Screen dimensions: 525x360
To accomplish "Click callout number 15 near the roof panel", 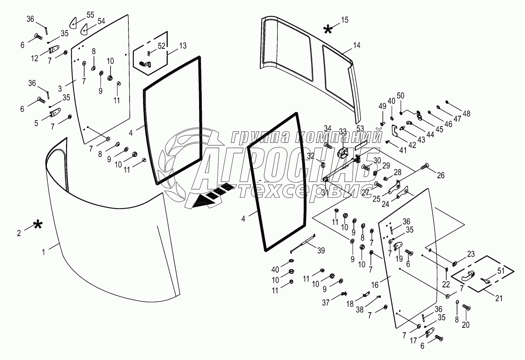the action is tap(345, 20).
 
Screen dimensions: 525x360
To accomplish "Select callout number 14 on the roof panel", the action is tap(357, 45).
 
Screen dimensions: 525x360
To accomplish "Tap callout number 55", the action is tap(90, 15).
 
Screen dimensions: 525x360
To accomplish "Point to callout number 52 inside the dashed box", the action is tap(161, 46).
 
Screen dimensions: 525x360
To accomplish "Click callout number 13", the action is tap(183, 46).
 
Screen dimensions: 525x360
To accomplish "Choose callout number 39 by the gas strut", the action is tap(321, 250).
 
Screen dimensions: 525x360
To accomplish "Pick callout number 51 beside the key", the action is tap(501, 271).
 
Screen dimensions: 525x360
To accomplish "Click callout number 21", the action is tap(499, 298).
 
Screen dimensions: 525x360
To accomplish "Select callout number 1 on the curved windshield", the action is tap(43, 252).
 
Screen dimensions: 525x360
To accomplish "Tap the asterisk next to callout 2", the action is tap(38, 225).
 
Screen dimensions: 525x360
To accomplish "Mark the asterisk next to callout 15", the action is tap(327, 30).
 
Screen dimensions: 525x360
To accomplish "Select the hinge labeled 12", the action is tap(54, 49).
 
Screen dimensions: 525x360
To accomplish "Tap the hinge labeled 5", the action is tap(55, 112).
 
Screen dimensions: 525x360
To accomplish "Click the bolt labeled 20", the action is tap(466, 307).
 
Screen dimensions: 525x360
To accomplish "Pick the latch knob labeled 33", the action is tap(343, 153).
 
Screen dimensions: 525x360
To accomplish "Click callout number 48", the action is tap(466, 114).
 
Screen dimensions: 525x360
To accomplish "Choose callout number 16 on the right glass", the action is tap(375, 285).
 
